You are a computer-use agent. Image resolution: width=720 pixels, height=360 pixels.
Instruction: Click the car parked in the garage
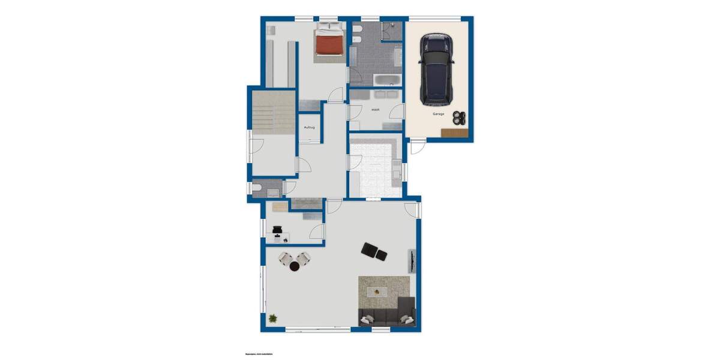tap(436, 68)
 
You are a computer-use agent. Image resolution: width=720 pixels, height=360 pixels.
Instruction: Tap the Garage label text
tap(439, 113)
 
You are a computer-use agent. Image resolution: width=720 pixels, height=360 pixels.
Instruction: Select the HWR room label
tap(376, 110)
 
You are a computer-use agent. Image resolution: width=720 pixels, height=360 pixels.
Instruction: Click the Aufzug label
tap(310, 127)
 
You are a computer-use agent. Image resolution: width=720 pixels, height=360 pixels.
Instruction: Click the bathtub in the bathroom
tap(388, 80)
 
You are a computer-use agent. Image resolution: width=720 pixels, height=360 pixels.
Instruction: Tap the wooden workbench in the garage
tap(454, 133)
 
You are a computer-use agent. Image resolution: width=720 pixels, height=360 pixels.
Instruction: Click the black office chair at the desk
tap(278, 229)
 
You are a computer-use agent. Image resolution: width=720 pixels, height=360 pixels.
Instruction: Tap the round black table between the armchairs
tap(295, 266)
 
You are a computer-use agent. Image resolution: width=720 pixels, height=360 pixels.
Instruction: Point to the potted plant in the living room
tap(273, 319)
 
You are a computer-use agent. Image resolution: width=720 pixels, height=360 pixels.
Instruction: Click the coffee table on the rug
tap(379, 292)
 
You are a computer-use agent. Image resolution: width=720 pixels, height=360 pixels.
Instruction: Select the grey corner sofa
tap(387, 314)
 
